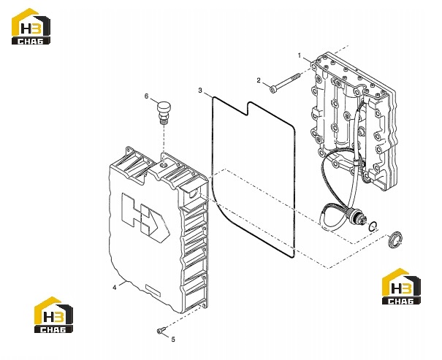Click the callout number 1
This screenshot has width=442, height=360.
coord(300,55)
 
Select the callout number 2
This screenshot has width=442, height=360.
coord(259,80)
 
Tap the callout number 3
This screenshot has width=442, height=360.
coord(200,91)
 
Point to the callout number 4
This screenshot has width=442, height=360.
coord(115,288)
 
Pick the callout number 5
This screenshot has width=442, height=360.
coord(173,340)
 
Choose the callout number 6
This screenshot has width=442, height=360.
coord(146,96)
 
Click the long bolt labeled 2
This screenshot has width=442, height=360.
coord(285,83)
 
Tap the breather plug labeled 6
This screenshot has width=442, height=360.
coord(163,112)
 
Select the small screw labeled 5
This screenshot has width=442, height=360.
coord(161,331)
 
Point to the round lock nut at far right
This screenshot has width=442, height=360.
coord(395,240)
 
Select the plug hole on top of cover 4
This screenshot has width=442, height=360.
coord(164,164)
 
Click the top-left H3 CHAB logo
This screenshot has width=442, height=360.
coord(31,26)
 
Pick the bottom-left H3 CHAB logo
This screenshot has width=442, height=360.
coord(53,315)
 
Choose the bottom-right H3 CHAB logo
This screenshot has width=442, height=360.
coord(401,286)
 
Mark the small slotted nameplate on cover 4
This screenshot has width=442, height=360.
coord(153,291)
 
